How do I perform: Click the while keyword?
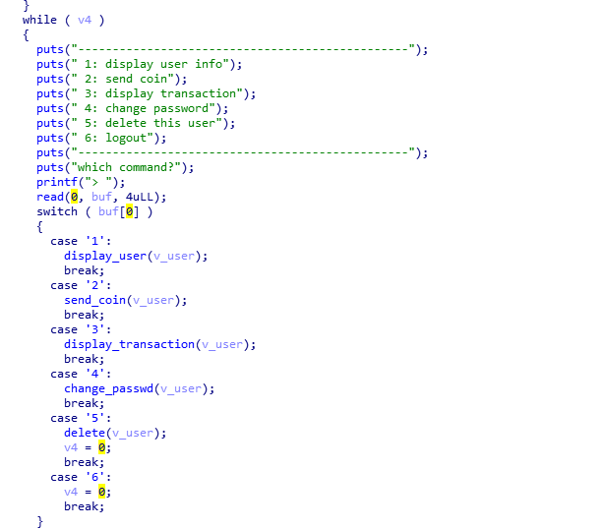pos(39,20)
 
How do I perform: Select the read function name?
pos(50,197)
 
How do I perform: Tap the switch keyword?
pos(57,211)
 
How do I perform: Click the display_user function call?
pos(105,257)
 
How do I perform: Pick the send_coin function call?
pos(95,300)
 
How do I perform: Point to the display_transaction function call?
pos(130,345)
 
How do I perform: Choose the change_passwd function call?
pos(108,388)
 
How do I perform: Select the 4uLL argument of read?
pos(140,197)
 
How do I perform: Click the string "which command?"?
pos(129,168)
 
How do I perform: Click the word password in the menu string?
pos(181,108)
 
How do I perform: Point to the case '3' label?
pos(81,330)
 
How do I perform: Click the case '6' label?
pos(81,477)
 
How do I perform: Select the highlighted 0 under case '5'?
pos(101,447)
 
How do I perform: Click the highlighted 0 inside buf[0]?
pos(130,211)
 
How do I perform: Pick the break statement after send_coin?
pos(85,315)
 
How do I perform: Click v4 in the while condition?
pos(85,20)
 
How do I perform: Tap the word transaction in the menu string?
pos(198,93)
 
